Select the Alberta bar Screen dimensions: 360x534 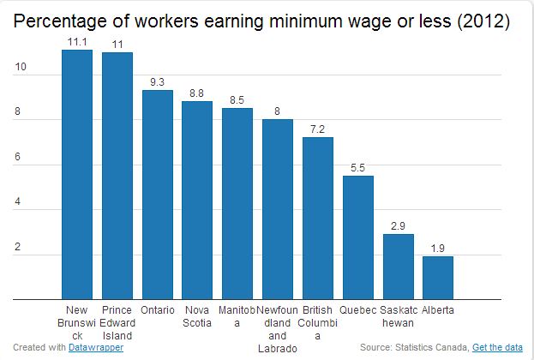pyautogui.click(x=437, y=278)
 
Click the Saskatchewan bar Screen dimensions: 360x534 pyautogui.click(x=398, y=267)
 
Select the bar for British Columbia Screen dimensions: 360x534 pyautogui.click(x=317, y=219)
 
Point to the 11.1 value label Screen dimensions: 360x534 pyautogui.click(x=76, y=41)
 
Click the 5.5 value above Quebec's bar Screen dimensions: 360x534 pyautogui.click(x=357, y=167)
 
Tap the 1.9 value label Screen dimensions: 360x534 pyautogui.click(x=437, y=248)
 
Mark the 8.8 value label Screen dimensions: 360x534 pyautogui.click(x=197, y=93)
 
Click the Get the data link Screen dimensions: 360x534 pyautogui.click(x=497, y=347)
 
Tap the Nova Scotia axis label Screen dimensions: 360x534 pyautogui.click(x=197, y=315)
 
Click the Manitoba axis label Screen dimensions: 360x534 pyautogui.click(x=237, y=315)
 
